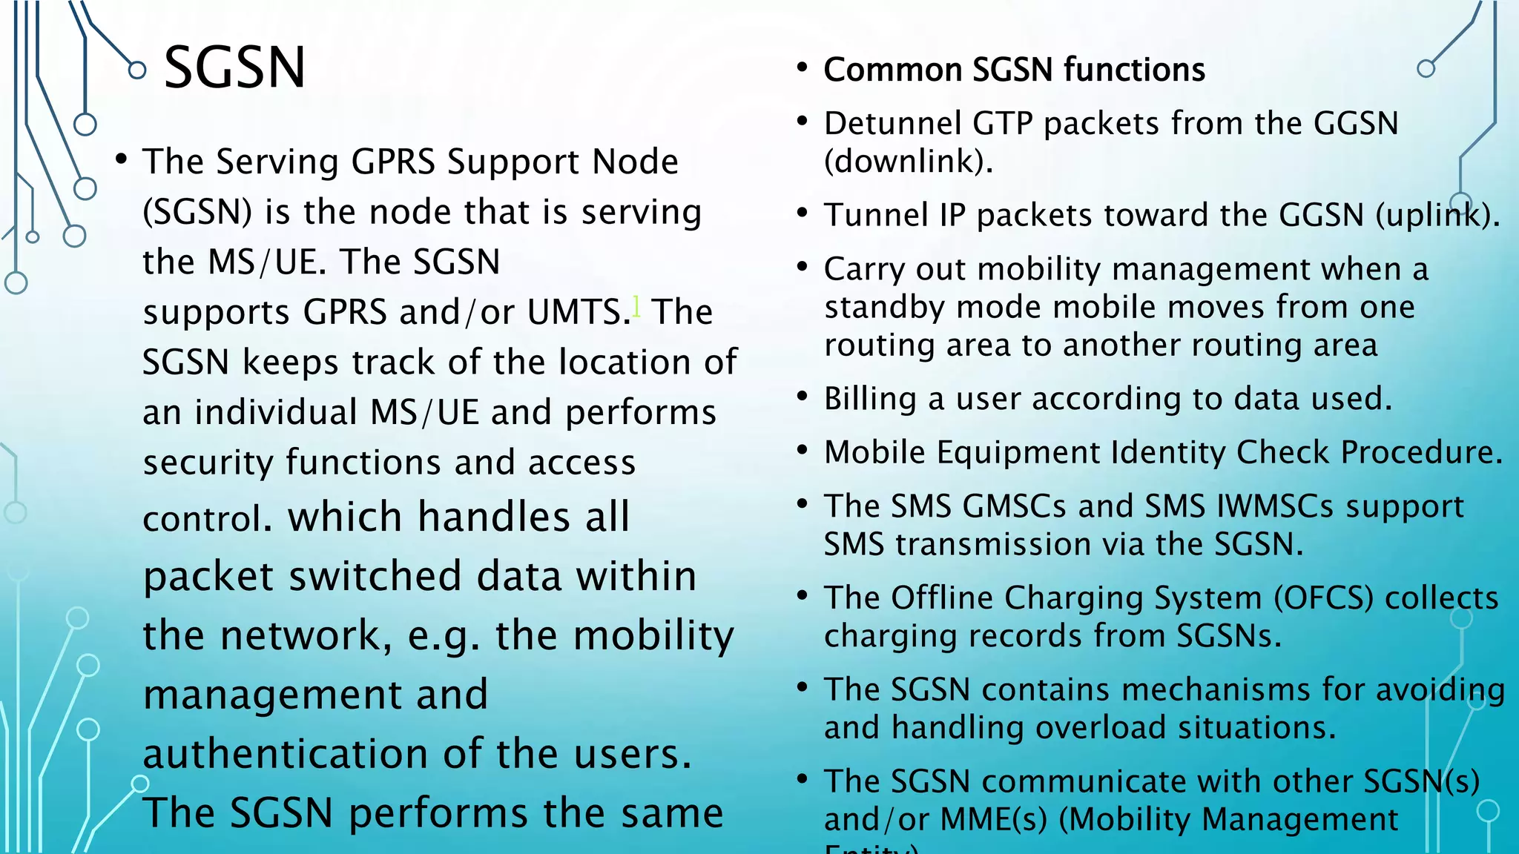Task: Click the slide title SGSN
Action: coord(234,68)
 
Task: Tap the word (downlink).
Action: coord(909,161)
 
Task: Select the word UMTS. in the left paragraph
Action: coord(579,312)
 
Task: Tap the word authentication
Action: coord(286,754)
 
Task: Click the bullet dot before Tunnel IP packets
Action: coord(802,213)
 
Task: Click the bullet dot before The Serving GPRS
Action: coord(122,159)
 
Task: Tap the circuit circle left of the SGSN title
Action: coord(137,70)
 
